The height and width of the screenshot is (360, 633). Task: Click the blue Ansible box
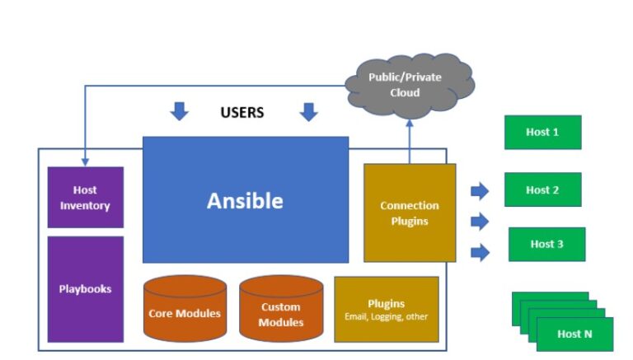click(246, 200)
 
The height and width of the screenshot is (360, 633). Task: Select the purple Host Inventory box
click(85, 198)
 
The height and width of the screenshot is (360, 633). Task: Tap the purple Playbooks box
click(85, 289)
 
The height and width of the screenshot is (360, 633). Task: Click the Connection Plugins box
click(410, 213)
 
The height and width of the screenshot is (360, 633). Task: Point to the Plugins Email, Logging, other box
click(386, 309)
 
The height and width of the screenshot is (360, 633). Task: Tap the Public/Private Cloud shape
click(410, 84)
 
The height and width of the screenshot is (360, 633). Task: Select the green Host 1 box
click(542, 132)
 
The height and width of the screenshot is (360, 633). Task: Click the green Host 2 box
click(542, 189)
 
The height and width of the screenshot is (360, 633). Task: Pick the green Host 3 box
click(546, 244)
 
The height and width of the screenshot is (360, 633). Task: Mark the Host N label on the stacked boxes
click(574, 334)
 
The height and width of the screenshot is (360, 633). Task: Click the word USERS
click(242, 112)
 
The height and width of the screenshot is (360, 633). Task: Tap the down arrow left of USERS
click(178, 111)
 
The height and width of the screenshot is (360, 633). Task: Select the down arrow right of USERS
click(308, 111)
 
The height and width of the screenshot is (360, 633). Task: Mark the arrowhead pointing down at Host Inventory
click(85, 161)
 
